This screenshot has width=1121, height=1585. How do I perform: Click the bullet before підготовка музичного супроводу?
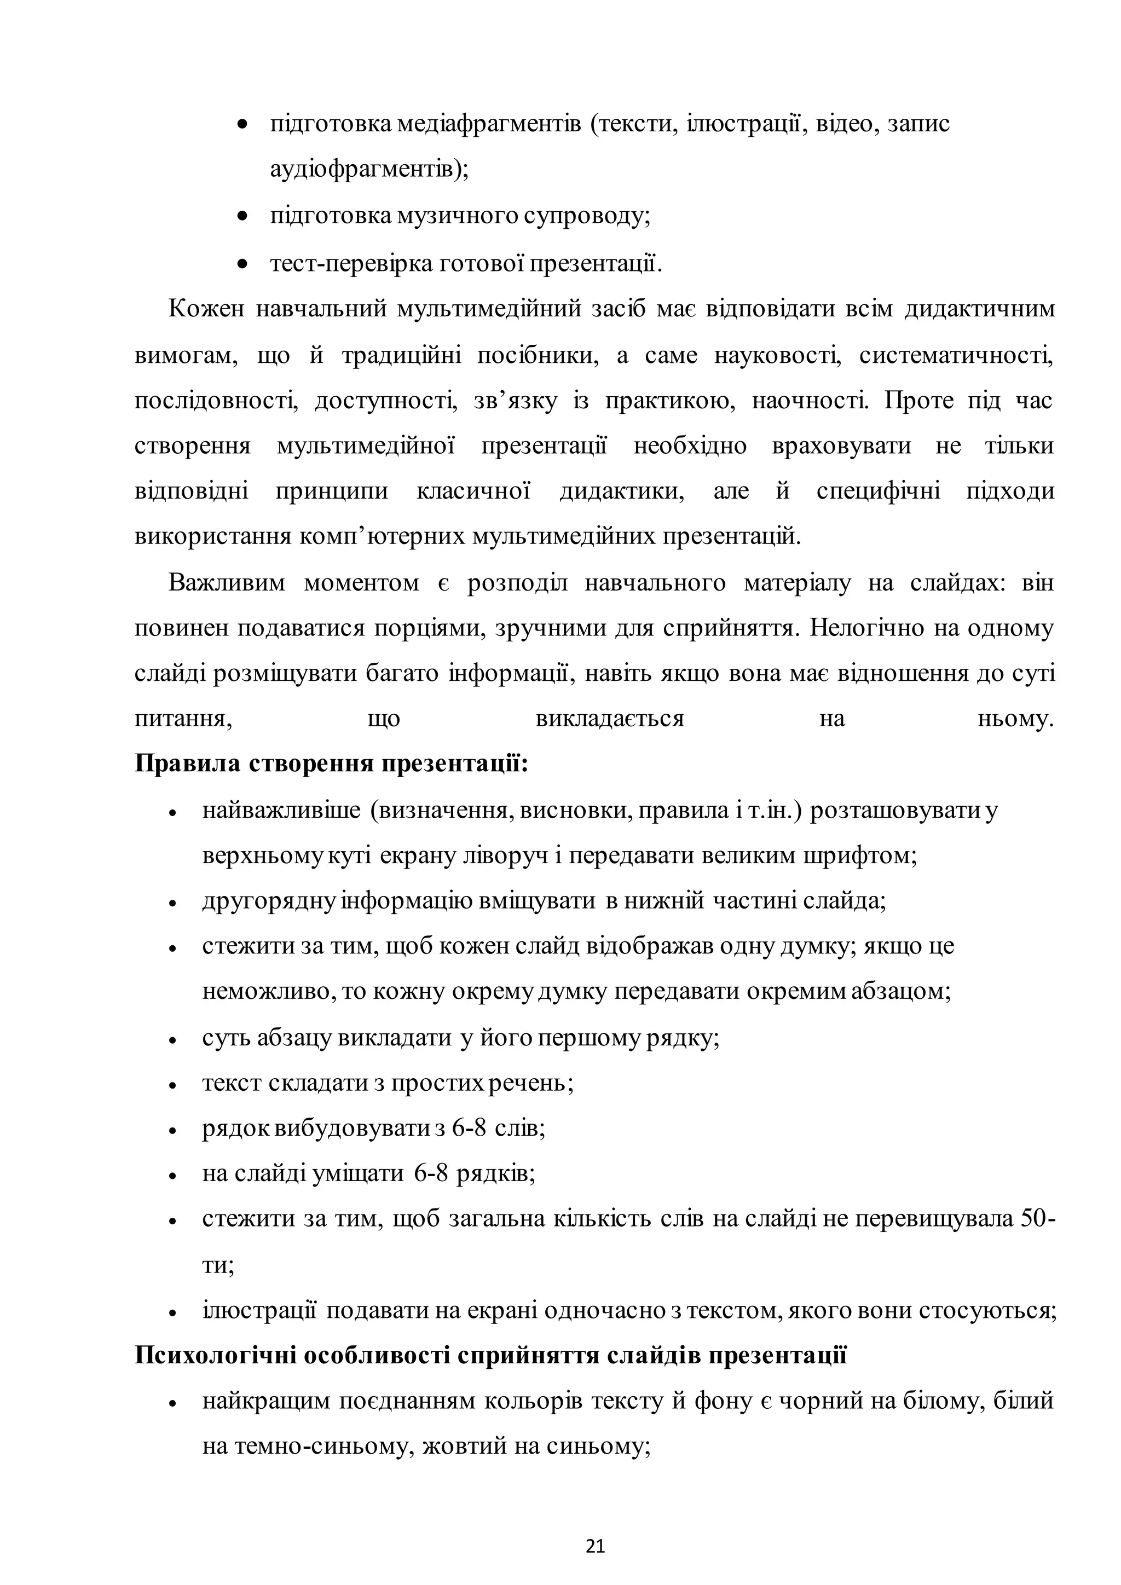(241, 217)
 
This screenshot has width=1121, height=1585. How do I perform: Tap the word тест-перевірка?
(351, 264)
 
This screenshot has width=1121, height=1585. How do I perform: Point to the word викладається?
(610, 719)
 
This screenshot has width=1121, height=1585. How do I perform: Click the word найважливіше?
(282, 811)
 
